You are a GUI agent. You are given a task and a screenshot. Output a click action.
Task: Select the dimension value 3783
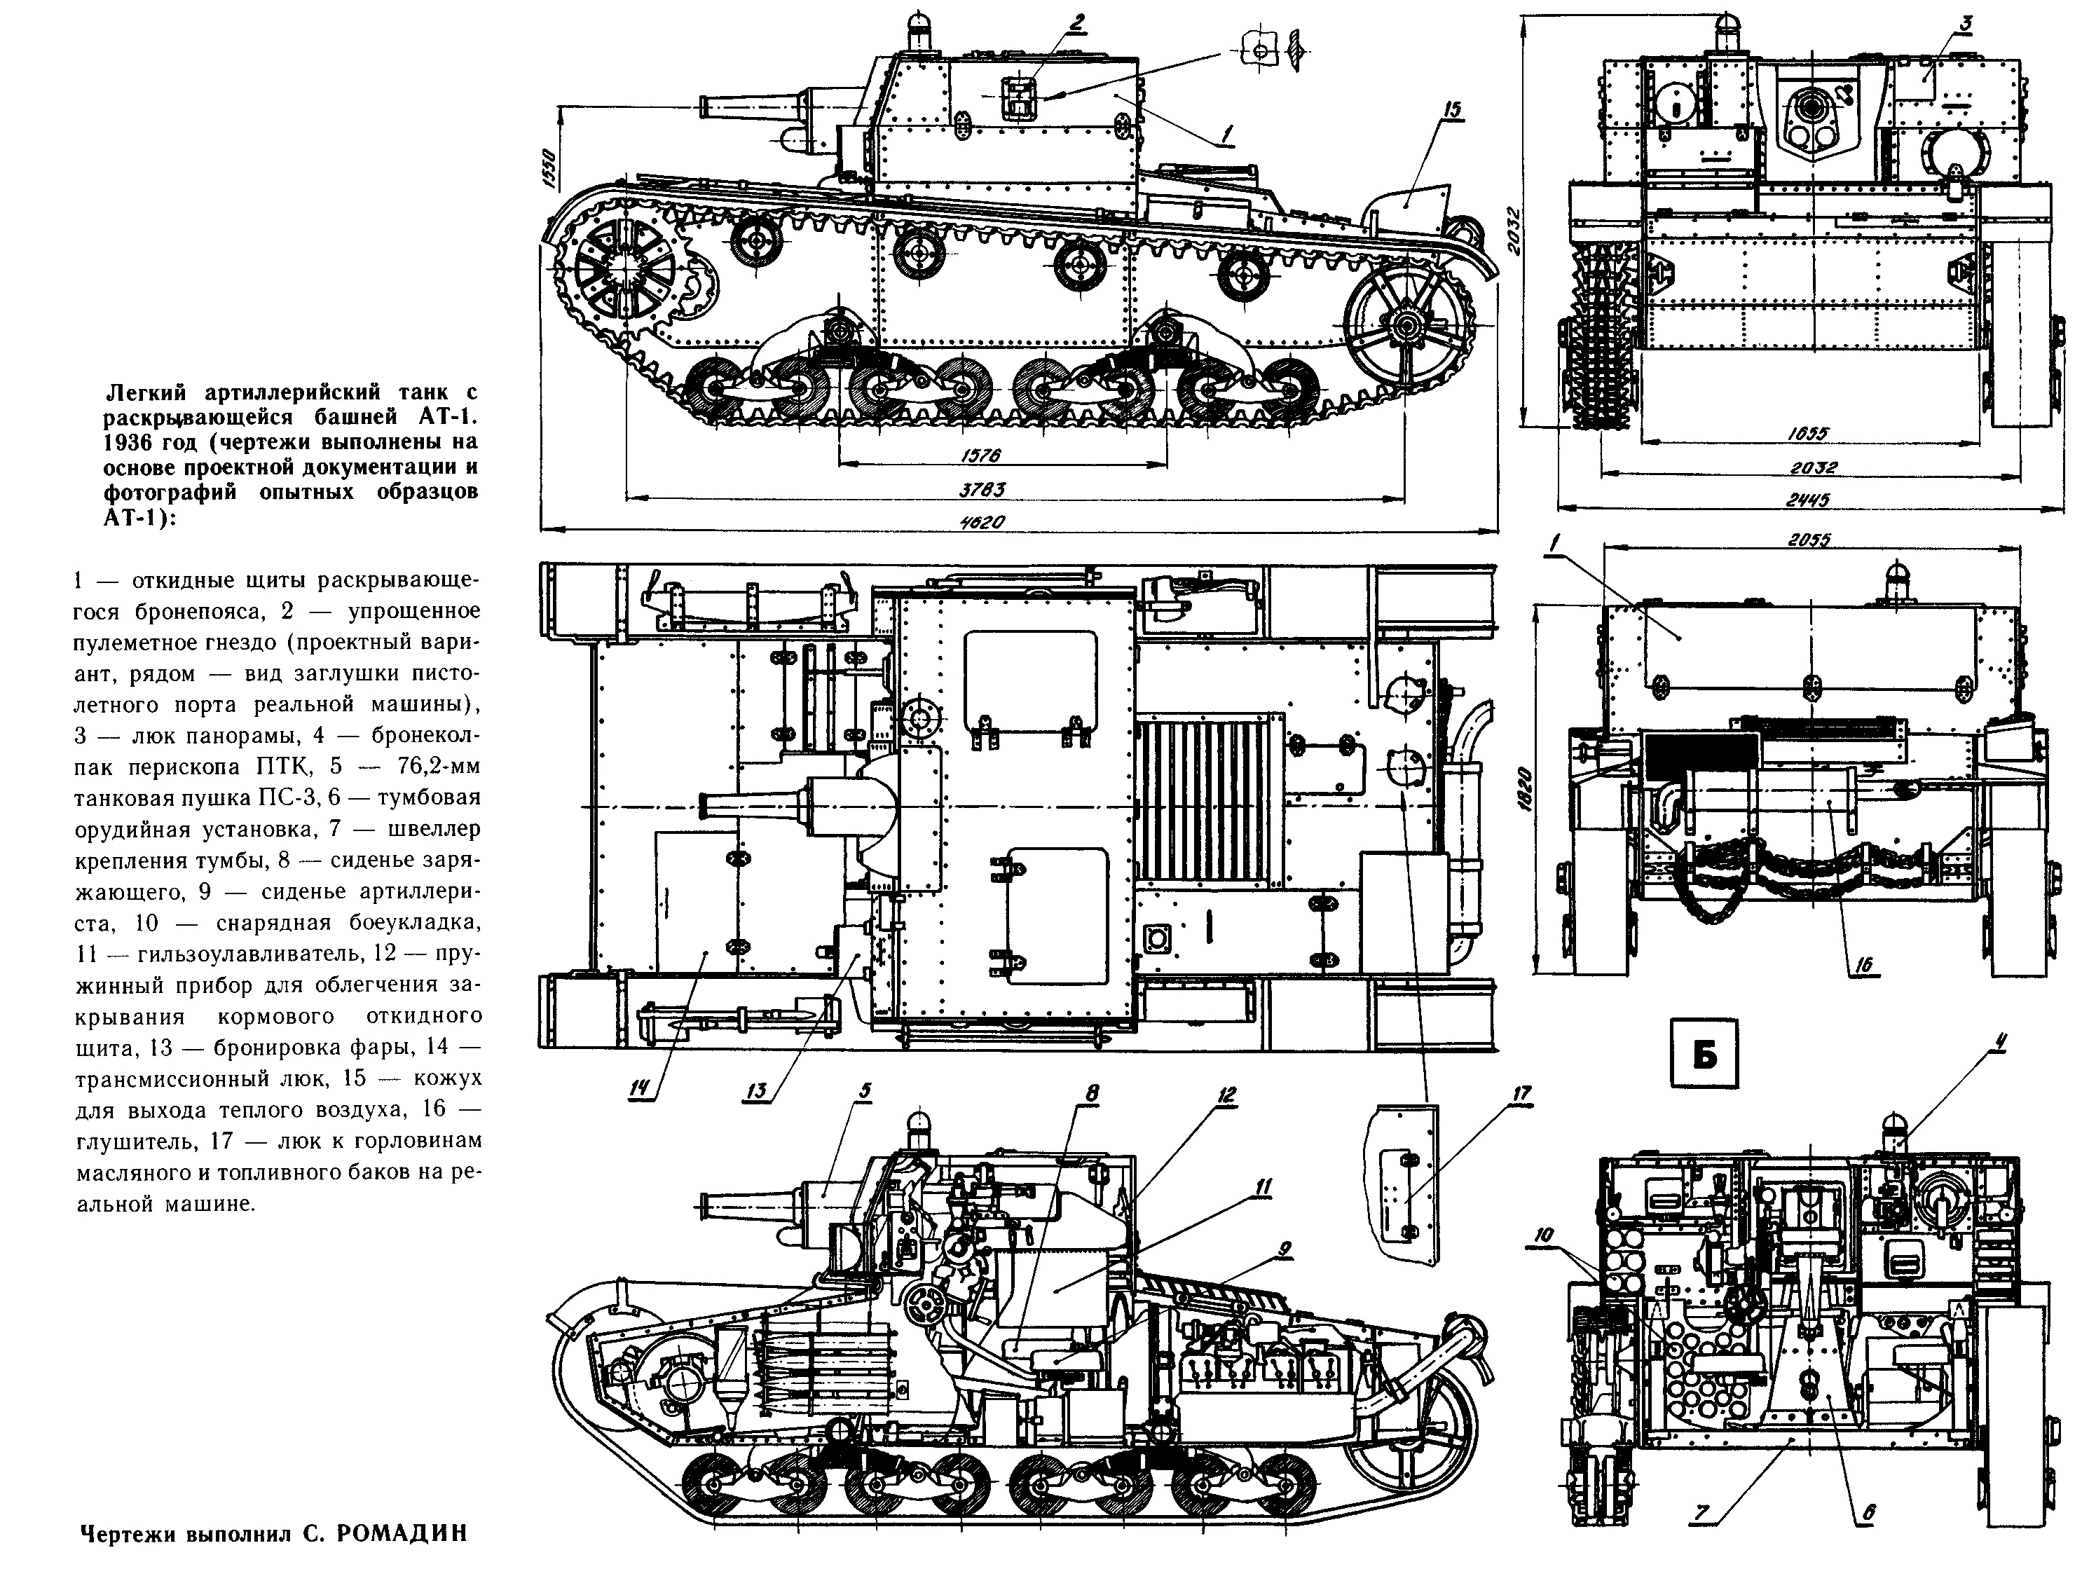pos(982,489)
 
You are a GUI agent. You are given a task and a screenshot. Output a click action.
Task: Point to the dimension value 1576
pos(980,455)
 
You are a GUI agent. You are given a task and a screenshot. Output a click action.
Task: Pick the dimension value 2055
pos(1809,540)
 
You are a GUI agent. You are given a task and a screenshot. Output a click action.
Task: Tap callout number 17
pos(1521,1093)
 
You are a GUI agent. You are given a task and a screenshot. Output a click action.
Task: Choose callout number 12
pos(1227,1095)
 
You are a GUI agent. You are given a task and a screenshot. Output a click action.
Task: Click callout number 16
pos(1863,964)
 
